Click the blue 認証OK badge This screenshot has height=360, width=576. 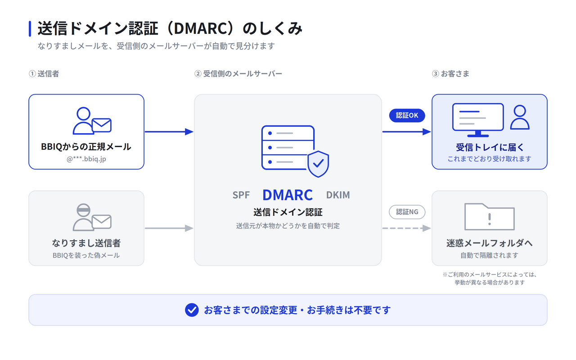407,116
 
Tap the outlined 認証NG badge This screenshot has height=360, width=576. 407,212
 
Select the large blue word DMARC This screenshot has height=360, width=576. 288,195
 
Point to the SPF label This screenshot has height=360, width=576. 241,195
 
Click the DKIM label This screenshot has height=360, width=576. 338,195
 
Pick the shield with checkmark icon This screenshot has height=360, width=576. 318,164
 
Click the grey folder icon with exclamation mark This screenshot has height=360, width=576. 489,217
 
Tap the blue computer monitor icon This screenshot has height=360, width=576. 478,120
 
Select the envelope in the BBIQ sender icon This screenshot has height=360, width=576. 102,125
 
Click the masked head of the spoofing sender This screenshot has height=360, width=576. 83,210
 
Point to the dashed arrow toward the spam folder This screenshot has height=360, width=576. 406,228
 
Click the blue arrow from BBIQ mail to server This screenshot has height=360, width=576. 169,132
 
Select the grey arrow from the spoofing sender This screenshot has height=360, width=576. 169,228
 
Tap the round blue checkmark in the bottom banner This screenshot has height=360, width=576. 192,310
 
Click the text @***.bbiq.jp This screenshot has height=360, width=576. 86,159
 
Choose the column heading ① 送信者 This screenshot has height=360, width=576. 44,74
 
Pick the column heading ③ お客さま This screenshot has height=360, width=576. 450,74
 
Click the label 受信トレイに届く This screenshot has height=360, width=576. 490,147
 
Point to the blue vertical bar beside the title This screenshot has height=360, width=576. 30,28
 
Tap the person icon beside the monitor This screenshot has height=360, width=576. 520,117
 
